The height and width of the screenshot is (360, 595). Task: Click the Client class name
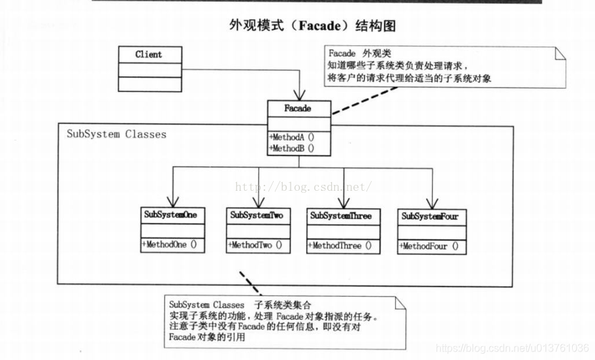(148, 55)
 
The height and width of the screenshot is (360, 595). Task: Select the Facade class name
(298, 108)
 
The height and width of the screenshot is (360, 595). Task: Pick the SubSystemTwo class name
(257, 215)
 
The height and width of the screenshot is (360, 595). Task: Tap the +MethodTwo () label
(255, 246)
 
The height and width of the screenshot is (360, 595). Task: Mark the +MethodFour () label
(428, 247)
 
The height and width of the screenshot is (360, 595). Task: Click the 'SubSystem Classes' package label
(116, 135)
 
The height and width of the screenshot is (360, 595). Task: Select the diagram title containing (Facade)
(312, 26)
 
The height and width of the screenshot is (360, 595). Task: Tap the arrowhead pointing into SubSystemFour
(430, 201)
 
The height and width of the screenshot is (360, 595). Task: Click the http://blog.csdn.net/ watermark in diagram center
(303, 187)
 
